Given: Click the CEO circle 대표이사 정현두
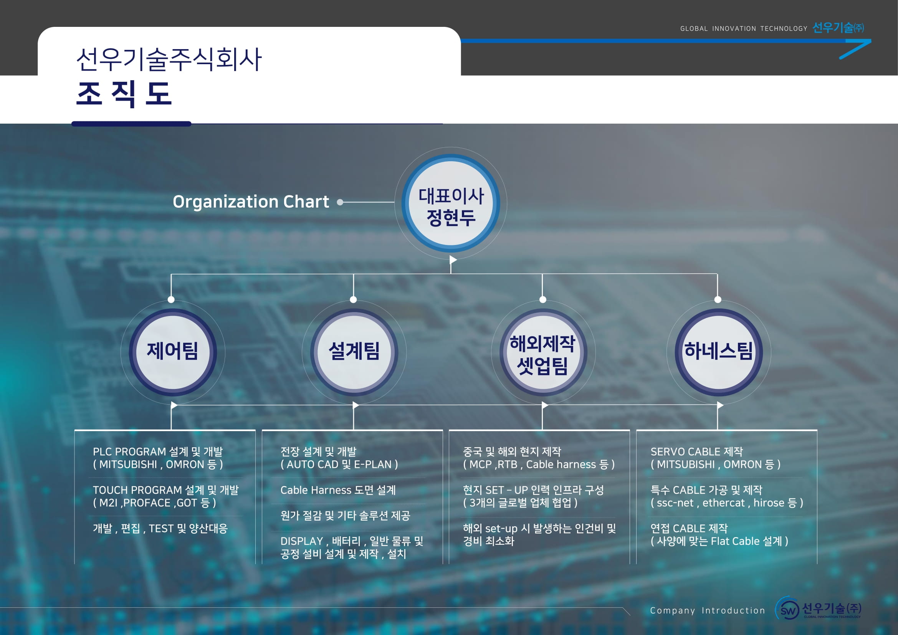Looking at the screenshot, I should tap(451, 203).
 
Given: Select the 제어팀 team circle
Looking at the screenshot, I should tap(172, 352).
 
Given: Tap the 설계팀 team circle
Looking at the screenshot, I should tap(354, 352).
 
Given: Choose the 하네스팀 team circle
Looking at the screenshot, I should tap(718, 352).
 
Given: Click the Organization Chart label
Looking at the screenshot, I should tap(251, 202).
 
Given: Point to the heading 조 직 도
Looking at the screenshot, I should tap(124, 94).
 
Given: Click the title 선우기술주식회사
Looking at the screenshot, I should tap(169, 60).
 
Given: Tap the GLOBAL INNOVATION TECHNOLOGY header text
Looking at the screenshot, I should tap(744, 28).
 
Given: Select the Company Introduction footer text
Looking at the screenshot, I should tap(707, 610).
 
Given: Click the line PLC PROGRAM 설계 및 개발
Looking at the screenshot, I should tap(158, 451).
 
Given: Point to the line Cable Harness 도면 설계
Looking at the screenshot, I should tap(338, 490).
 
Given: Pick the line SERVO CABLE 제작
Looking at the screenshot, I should tap(696, 451).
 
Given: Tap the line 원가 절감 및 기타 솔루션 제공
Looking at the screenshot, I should tap(345, 516).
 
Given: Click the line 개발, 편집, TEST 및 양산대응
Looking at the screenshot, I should tap(160, 529).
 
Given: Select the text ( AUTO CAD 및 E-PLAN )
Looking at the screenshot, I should tap(339, 465).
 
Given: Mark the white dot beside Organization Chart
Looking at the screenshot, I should tap(340, 202).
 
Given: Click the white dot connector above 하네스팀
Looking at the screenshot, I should tap(718, 300).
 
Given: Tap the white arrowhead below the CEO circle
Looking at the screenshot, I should tap(453, 260).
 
